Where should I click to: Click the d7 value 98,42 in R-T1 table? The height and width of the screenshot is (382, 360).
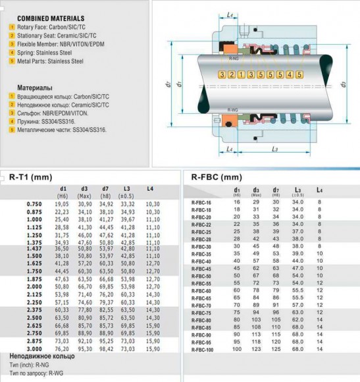106,348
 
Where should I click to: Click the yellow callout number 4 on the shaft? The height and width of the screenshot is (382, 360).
290,74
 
